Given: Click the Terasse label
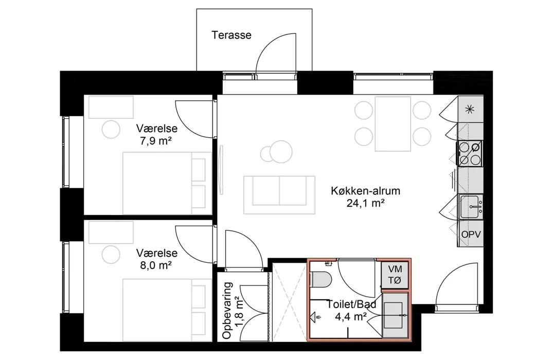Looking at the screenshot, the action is pos(231,35).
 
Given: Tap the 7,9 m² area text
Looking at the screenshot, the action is pos(156,141).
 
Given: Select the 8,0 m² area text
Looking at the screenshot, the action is pos(156,265).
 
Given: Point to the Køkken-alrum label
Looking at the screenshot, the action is pos(365,191).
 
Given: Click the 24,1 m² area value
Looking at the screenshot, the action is pos(365,203).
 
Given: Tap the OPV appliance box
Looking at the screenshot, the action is pos(471,234).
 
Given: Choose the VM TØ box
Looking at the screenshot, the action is pos(395,275).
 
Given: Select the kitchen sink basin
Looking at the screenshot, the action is pos(471,207).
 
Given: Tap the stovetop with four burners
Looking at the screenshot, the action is pos(470,153).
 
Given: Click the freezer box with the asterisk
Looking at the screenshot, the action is pos(471,110).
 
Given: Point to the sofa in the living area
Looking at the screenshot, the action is pos(279,195).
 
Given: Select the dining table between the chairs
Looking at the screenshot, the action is pos(393,124).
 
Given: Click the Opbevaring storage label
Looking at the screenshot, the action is pos(227,310).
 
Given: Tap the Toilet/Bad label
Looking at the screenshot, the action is pos(351,304).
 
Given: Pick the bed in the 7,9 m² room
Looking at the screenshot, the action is pos(167,183).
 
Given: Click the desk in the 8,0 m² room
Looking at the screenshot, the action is pos(111,232).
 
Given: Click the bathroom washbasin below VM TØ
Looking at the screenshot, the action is pos(396,315).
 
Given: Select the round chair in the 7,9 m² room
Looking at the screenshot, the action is pos(111,129).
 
